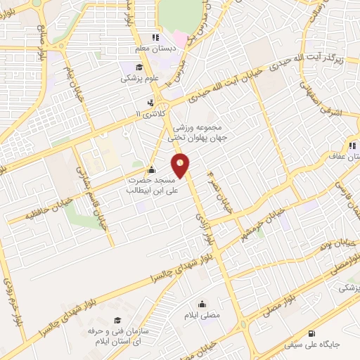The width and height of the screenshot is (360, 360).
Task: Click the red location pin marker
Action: pyautogui.click(x=181, y=166)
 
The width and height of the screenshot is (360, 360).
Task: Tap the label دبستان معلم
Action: pyautogui.click(x=156, y=50)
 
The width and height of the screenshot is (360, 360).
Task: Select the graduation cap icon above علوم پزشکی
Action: pyautogui.click(x=140, y=67)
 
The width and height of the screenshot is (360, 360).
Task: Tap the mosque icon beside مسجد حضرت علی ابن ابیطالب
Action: pyautogui.click(x=151, y=169)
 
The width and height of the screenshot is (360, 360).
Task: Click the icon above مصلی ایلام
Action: pyautogui.click(x=202, y=304)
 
